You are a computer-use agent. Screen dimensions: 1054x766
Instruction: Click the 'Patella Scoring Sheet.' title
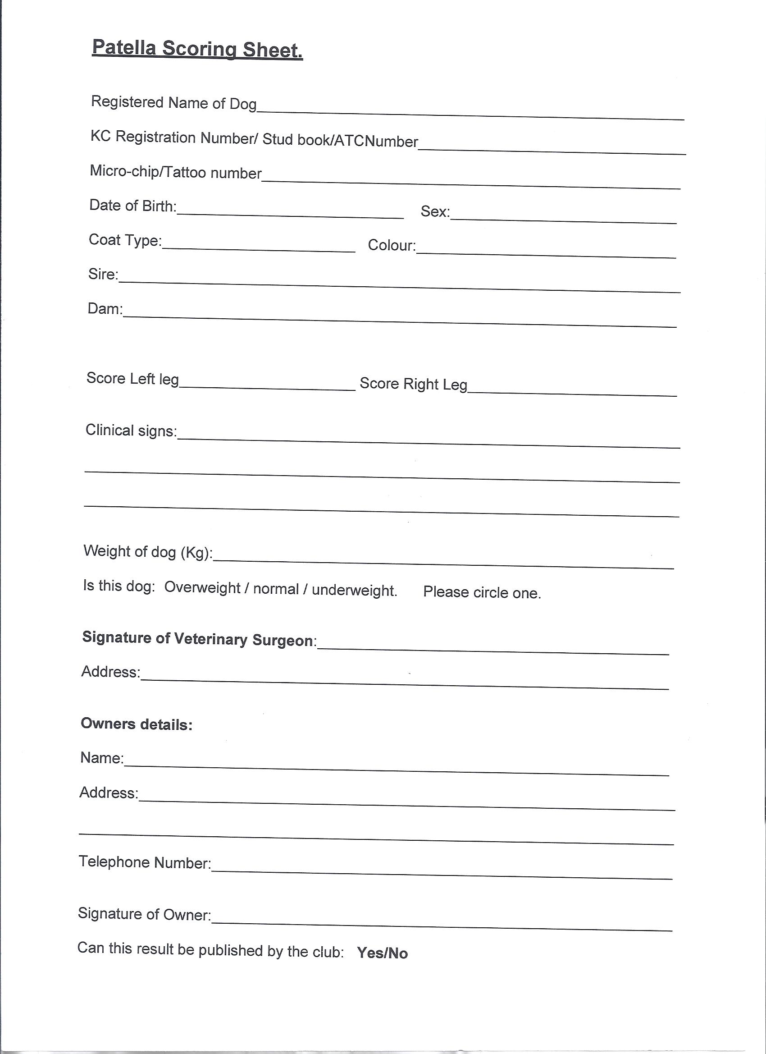coord(197,49)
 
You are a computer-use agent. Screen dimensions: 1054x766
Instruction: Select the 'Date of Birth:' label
coord(133,206)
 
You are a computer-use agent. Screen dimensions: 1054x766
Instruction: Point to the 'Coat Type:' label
coord(125,240)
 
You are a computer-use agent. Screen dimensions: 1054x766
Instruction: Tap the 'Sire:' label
coord(103,274)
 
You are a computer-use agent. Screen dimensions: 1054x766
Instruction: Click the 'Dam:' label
coord(105,308)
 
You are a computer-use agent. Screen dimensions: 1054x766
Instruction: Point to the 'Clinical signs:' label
coord(131,431)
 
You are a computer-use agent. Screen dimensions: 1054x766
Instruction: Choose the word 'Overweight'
coord(202,587)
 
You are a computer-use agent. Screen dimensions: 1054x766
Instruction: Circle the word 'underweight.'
coord(355,590)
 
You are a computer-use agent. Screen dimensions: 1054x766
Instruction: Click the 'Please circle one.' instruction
coord(482,592)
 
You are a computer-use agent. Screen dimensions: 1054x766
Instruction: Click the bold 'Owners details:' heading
coord(137,724)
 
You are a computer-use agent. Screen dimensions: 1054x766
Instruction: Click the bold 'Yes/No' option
coord(382,953)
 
